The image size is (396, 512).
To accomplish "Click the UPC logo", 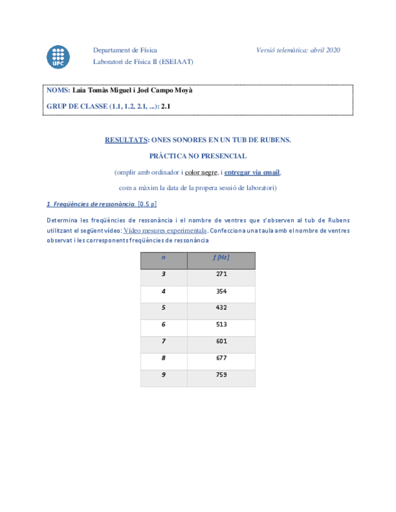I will (58, 56).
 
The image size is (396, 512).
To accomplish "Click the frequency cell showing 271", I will (221, 274).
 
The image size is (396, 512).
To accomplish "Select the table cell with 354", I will (221, 291).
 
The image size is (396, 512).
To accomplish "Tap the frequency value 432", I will (221, 308).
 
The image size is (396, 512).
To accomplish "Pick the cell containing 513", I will (221, 324).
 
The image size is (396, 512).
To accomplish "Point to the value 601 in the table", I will (221, 341).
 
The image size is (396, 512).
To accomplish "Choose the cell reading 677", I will (221, 358).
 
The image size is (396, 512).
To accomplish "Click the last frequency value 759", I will (221, 375).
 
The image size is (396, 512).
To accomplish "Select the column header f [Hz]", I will (221, 257).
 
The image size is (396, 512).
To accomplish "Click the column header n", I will (163, 257).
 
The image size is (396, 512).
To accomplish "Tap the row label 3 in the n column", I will (163, 274).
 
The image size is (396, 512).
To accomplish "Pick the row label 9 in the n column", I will (163, 375).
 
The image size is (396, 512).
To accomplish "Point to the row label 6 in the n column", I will (163, 324).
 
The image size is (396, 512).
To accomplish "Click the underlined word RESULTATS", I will (126, 140).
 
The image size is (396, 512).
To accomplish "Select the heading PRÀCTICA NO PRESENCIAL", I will (198, 156).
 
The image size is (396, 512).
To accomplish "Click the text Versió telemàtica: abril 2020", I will (298, 50).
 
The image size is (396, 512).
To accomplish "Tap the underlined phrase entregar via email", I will (252, 172).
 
